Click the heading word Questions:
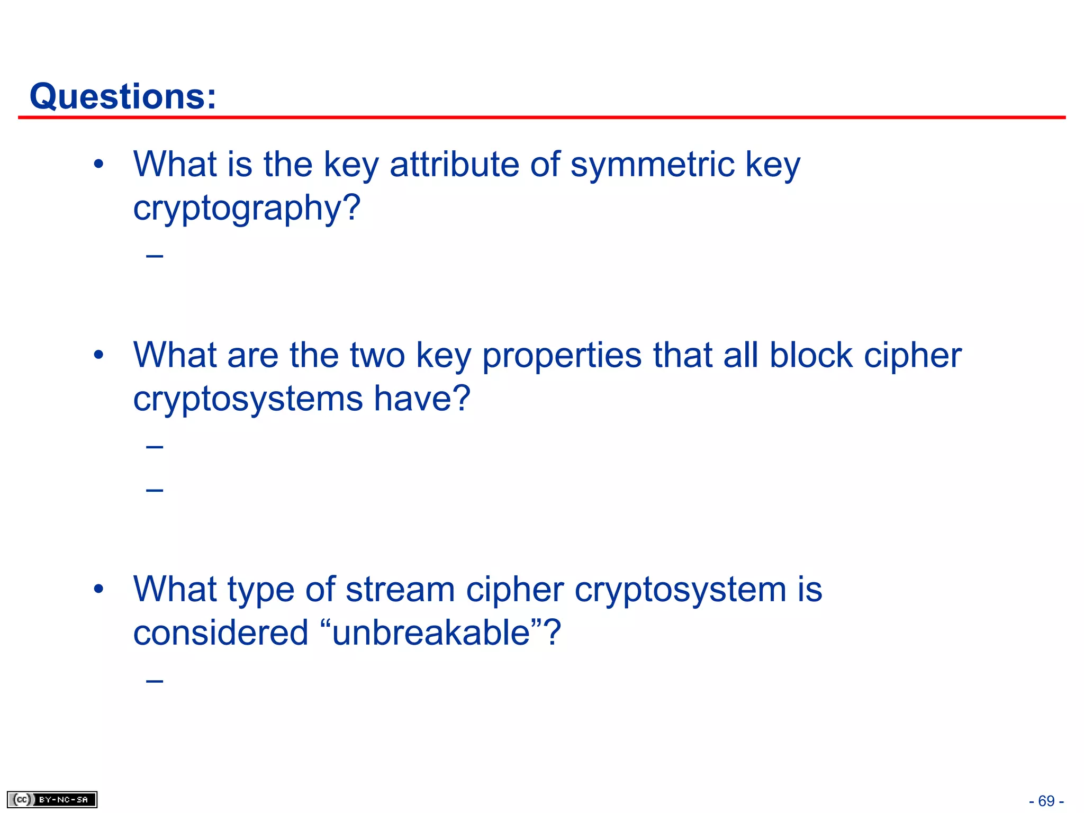pyautogui.click(x=123, y=96)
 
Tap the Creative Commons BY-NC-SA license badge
pyautogui.click(x=52, y=799)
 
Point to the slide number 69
pyautogui.click(x=1046, y=801)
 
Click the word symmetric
pyautogui.click(x=653, y=164)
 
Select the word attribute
pyautogui.click(x=454, y=164)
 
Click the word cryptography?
pyautogui.click(x=247, y=209)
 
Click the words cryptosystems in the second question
pyautogui.click(x=248, y=399)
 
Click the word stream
pyautogui.click(x=400, y=589)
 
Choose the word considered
pyautogui.click(x=220, y=633)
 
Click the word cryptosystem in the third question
pyautogui.click(x=680, y=590)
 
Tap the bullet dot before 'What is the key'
pyautogui.click(x=98, y=164)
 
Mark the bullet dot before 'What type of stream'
pyautogui.click(x=98, y=589)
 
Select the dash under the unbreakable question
pyautogui.click(x=155, y=681)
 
